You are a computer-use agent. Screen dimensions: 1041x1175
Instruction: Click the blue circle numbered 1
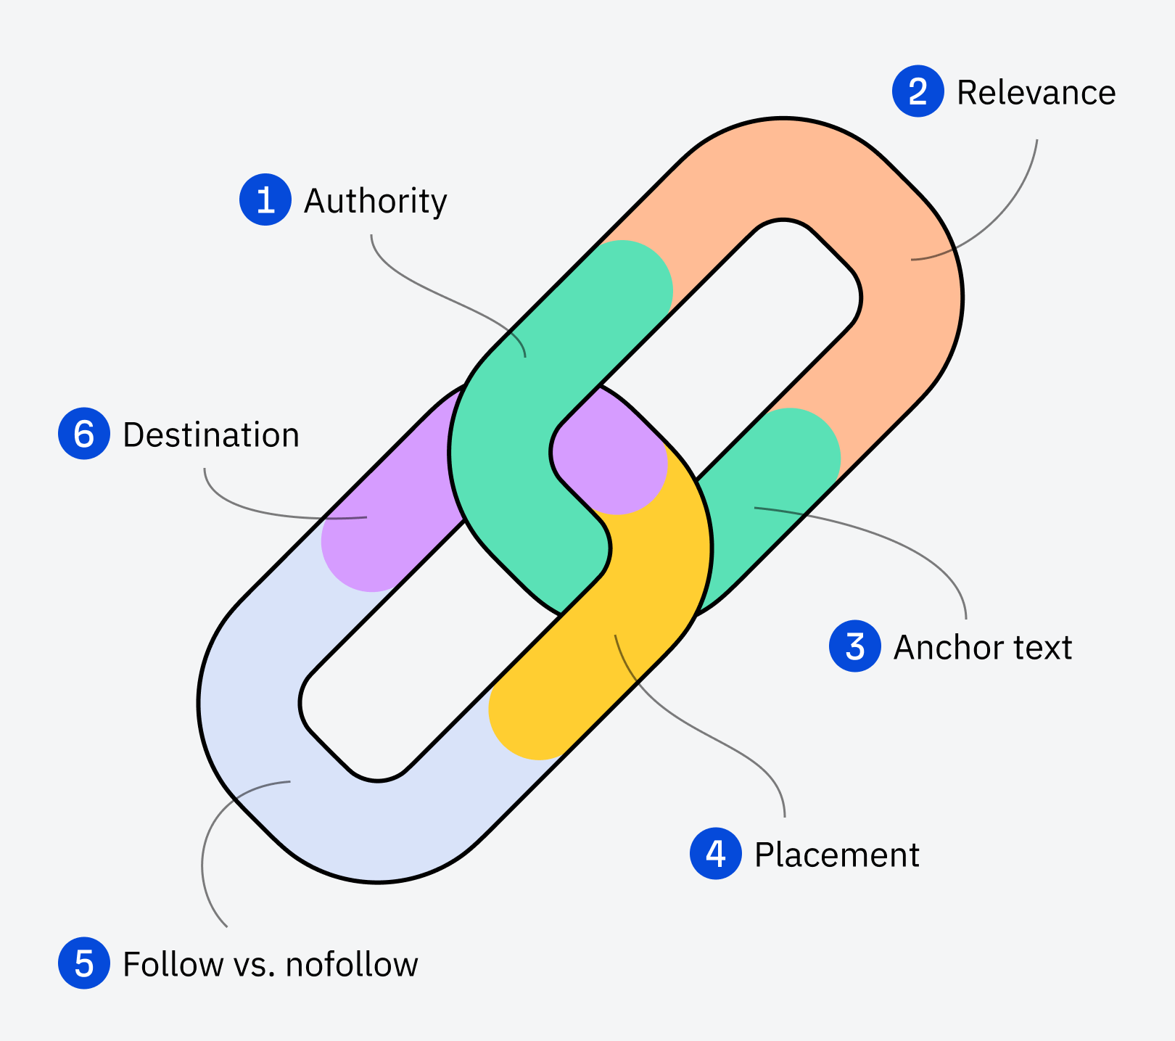point(265,199)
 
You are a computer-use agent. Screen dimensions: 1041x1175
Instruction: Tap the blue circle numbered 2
point(918,91)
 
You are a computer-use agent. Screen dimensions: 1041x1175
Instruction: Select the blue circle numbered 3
point(855,646)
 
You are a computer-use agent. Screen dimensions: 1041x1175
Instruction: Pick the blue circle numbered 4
point(716,853)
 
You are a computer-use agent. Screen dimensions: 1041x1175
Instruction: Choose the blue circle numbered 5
point(84,963)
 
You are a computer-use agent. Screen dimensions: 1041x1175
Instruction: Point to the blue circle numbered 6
point(84,434)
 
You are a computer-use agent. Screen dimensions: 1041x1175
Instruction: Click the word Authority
point(375,201)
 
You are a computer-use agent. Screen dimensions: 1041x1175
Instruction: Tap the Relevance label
point(1036,93)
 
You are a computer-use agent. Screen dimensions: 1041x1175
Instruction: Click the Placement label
point(836,855)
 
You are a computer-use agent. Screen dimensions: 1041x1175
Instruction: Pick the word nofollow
point(352,964)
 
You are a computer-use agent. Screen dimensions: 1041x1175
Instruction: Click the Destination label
point(211,435)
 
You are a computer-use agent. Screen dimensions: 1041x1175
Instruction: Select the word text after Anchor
point(1043,647)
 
